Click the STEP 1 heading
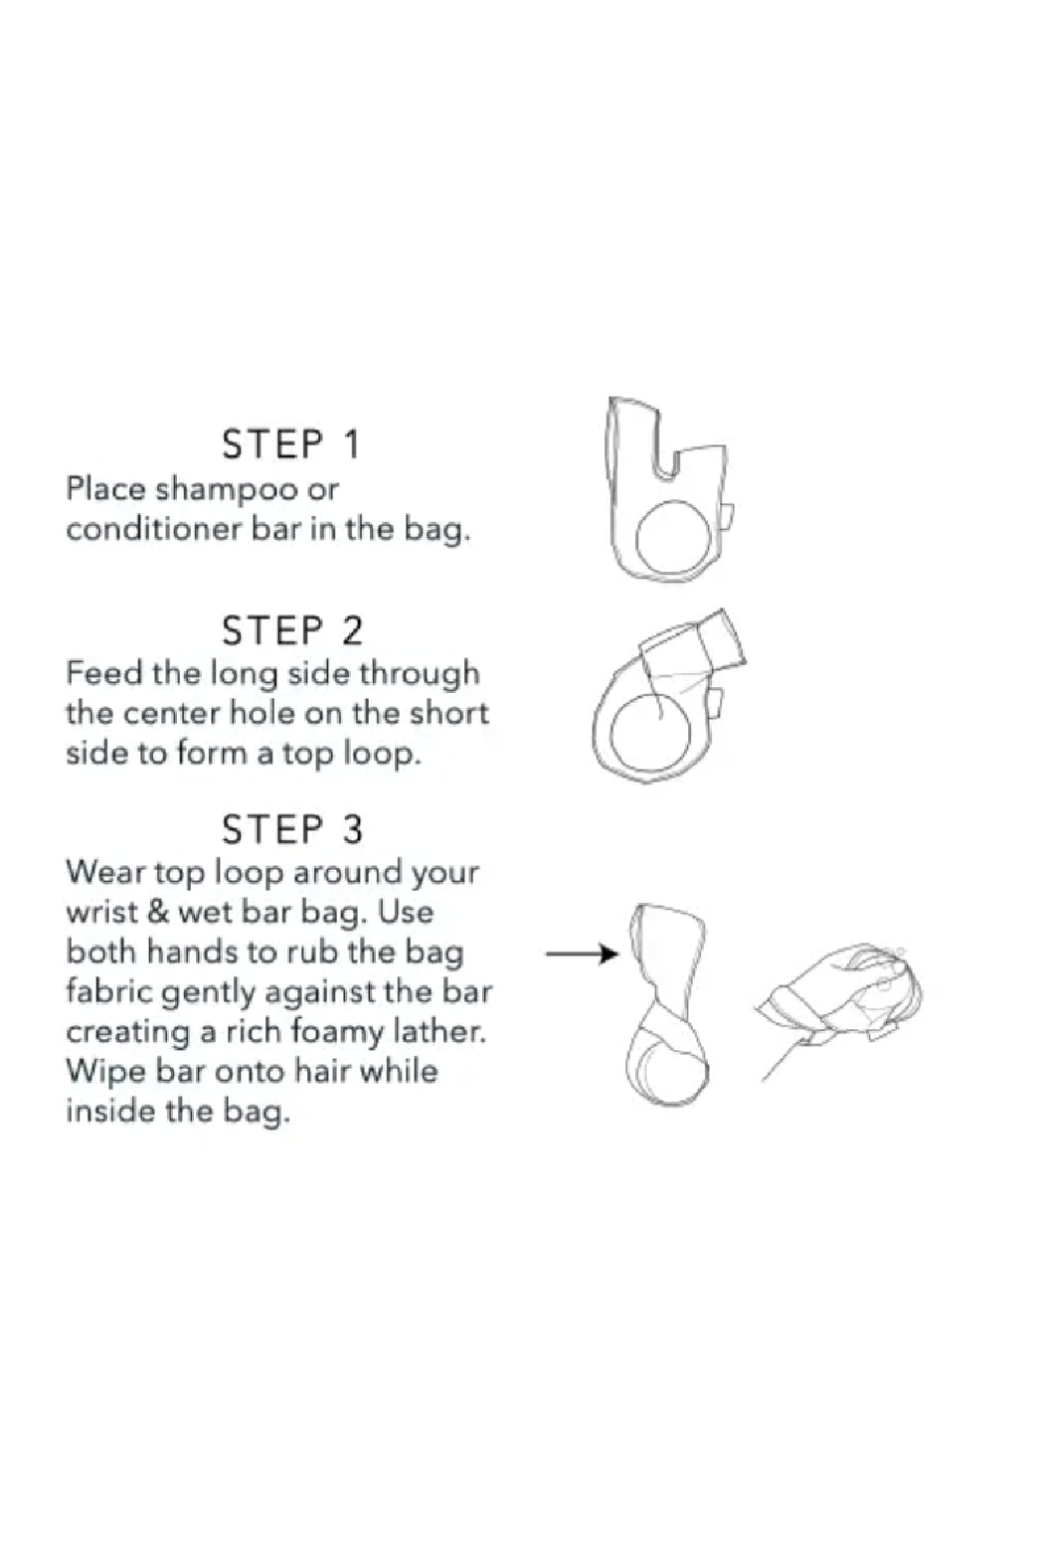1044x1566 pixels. pos(291,444)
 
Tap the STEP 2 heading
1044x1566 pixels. pos(292,630)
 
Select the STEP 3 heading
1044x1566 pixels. pos(292,830)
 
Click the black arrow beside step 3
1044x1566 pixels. pos(582,955)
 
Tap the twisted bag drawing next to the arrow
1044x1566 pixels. pos(668,1005)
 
